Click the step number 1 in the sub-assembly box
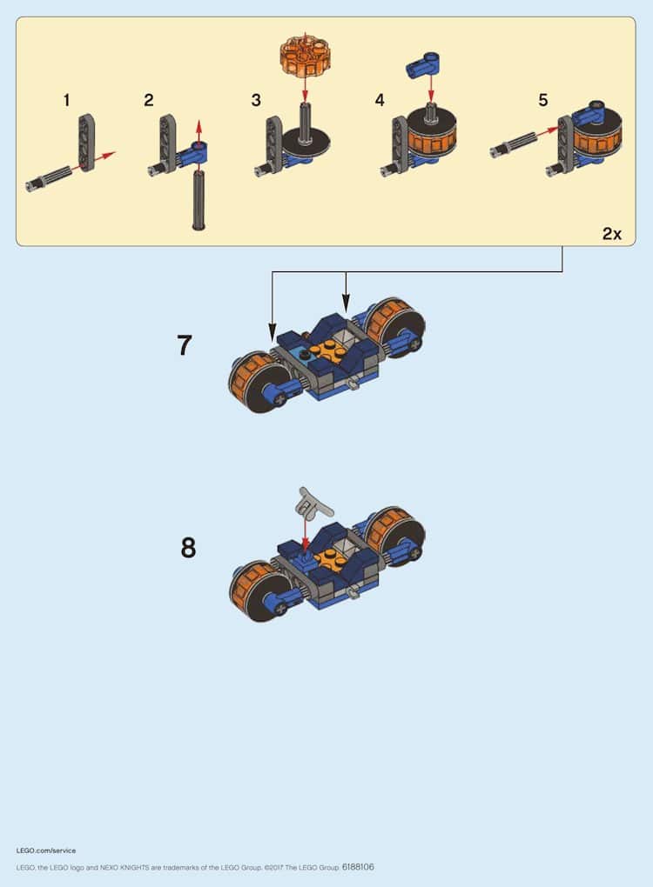tap(67, 101)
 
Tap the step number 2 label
tap(148, 101)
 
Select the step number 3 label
tap(256, 101)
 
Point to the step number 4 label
tap(380, 101)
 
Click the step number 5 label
tap(543, 101)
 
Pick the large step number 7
tap(185, 345)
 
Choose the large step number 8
tap(188, 548)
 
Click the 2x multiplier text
tap(612, 234)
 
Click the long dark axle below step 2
tap(199, 200)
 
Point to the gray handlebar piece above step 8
tap(314, 503)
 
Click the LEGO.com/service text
tap(46, 850)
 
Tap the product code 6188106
tap(358, 867)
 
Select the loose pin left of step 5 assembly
tap(514, 143)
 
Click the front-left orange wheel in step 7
tap(256, 381)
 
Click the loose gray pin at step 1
tap(49, 178)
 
